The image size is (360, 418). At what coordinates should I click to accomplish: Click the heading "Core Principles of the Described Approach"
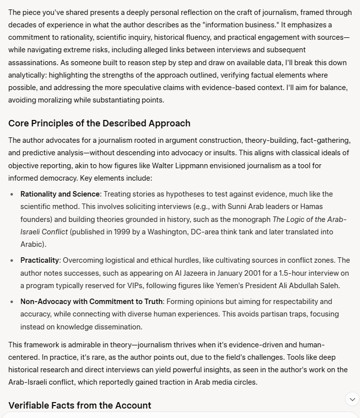99,123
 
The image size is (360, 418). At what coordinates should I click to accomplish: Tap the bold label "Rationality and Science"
60,194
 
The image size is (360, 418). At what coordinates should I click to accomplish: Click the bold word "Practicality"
40,260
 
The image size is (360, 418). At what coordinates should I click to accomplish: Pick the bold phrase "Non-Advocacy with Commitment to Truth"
91,302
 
